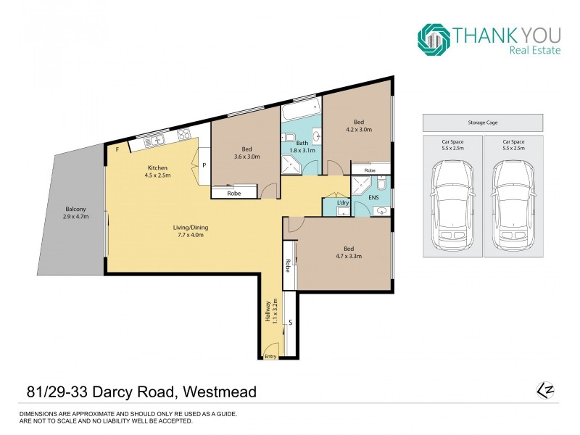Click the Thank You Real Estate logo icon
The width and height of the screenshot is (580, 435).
click(433, 39)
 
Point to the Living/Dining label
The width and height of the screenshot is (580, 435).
click(188, 230)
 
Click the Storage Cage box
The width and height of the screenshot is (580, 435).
click(482, 123)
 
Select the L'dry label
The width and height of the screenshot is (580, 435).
click(343, 202)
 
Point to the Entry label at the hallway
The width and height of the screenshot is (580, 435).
click(270, 356)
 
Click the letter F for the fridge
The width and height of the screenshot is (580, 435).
click(117, 149)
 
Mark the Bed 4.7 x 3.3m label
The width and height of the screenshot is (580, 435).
click(348, 252)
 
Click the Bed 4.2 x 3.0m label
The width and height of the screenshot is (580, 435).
click(359, 125)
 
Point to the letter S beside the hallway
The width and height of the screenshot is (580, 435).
click(290, 321)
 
